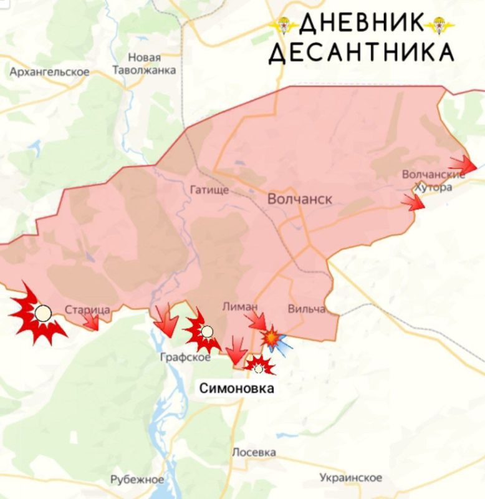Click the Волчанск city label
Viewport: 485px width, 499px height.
pyautogui.click(x=299, y=199)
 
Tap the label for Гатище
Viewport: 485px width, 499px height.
pyautogui.click(x=209, y=190)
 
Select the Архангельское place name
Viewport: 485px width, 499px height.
pyautogui.click(x=49, y=72)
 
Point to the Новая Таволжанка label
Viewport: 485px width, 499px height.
pyautogui.click(x=144, y=64)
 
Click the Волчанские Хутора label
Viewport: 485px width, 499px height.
pyautogui.click(x=433, y=181)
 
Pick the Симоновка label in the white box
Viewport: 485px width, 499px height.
pyautogui.click(x=236, y=388)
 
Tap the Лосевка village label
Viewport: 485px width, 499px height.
pyautogui.click(x=254, y=452)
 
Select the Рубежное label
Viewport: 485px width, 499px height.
pyautogui.click(x=137, y=480)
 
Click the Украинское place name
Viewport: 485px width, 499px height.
pyautogui.click(x=350, y=478)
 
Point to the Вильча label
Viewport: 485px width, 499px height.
pyautogui.click(x=306, y=309)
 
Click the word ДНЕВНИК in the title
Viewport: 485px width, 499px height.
pyautogui.click(x=361, y=24)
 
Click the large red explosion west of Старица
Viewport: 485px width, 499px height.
pyautogui.click(x=39, y=314)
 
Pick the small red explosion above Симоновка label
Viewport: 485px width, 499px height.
pyautogui.click(x=259, y=366)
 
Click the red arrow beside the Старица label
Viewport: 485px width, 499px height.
pyautogui.click(x=91, y=321)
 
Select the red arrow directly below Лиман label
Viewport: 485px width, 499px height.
pyautogui.click(x=256, y=321)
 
